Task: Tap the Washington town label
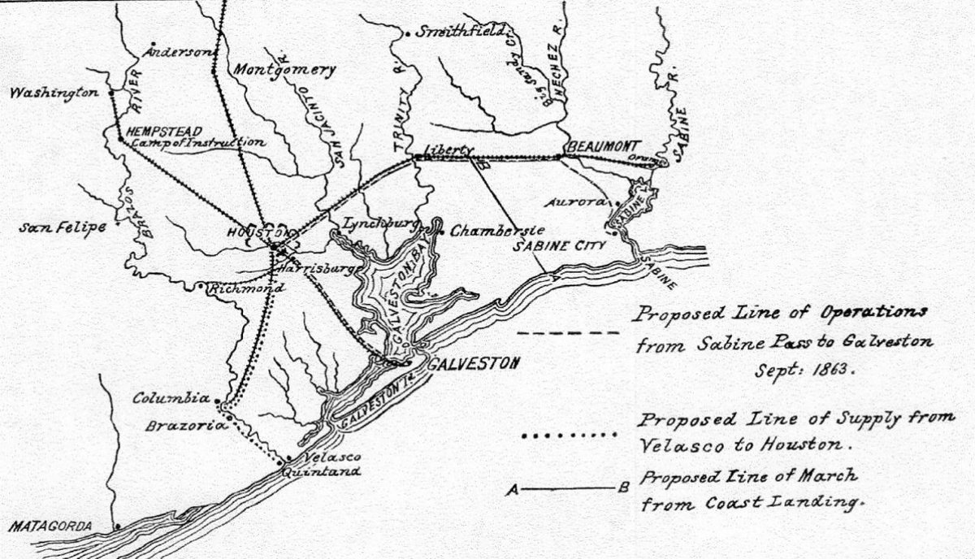point(48,94)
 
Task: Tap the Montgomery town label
point(284,71)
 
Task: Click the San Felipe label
point(62,227)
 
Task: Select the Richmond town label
point(246,289)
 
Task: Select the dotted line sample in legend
point(568,435)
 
